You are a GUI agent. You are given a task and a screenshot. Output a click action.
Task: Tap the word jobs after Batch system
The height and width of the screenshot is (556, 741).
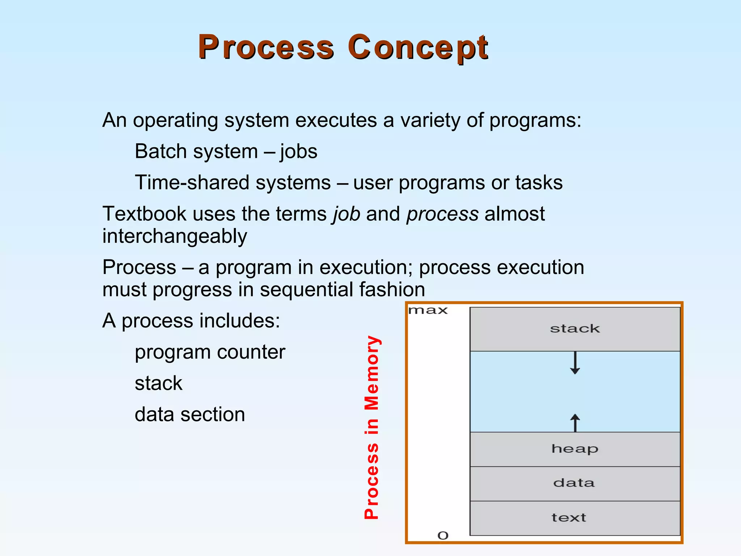click(x=298, y=151)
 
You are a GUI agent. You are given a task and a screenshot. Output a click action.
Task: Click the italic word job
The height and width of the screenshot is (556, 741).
click(x=347, y=214)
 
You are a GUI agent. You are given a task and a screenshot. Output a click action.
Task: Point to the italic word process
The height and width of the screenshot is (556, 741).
click(x=442, y=214)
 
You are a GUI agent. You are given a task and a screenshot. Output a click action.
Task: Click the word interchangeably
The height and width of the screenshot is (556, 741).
click(x=175, y=236)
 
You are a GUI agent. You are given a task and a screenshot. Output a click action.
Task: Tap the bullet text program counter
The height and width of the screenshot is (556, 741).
click(x=210, y=352)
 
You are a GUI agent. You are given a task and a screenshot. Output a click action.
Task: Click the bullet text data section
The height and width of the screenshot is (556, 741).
click(x=190, y=414)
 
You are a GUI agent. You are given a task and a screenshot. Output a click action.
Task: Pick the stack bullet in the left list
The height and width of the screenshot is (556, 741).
click(x=158, y=383)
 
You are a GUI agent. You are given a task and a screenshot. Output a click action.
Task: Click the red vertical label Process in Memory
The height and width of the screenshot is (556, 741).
click(x=372, y=427)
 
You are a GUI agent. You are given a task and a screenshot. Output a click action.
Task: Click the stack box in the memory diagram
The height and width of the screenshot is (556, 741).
click(x=575, y=329)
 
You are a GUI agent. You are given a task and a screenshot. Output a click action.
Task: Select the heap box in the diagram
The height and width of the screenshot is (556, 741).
click(x=575, y=449)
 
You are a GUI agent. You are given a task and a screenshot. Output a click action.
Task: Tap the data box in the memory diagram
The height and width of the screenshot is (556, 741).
click(x=575, y=483)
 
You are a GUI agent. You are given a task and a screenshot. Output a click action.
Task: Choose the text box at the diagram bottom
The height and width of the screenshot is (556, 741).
click(x=575, y=518)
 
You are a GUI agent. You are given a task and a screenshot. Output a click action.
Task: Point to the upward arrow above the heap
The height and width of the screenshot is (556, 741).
click(x=575, y=423)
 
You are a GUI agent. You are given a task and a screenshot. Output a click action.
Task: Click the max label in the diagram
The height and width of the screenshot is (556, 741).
click(x=428, y=311)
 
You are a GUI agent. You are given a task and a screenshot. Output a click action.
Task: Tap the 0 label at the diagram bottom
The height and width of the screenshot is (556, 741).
click(x=443, y=535)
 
